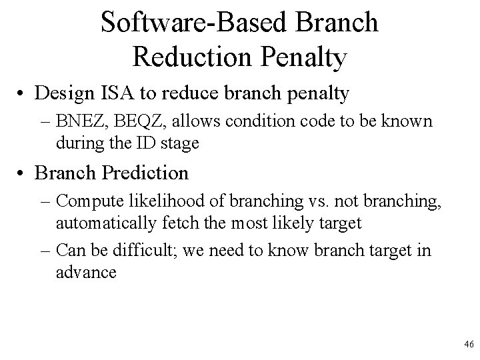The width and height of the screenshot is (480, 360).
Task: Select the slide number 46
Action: (468, 345)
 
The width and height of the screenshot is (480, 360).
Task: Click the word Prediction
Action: (145, 173)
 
